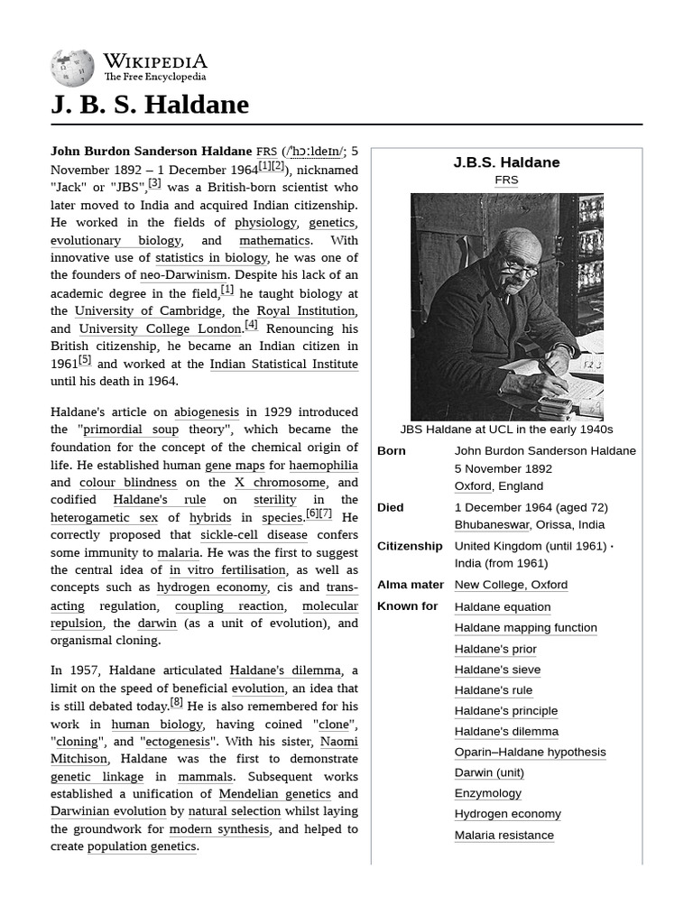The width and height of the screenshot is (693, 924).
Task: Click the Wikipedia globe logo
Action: click(72, 68)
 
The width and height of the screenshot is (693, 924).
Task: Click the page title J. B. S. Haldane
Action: click(150, 105)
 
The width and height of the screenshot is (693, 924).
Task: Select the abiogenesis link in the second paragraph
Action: click(207, 412)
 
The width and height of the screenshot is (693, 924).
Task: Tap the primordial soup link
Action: click(130, 430)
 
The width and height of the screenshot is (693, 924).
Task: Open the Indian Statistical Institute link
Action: click(283, 365)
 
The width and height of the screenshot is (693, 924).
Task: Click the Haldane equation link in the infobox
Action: click(502, 607)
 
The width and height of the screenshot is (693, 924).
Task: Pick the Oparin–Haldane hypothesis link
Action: click(530, 753)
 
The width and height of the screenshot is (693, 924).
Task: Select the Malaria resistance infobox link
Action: click(504, 836)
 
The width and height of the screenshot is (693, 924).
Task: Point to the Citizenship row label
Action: click(410, 546)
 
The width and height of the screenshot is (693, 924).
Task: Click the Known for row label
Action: click(407, 606)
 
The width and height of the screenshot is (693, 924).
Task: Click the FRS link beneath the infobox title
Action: click(506, 180)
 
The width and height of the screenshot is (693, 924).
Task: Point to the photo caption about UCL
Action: click(506, 430)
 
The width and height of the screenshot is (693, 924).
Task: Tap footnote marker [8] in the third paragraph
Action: click(176, 703)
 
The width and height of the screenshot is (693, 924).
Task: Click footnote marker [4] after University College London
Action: click(251, 326)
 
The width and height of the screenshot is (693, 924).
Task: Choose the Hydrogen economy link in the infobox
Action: click(507, 814)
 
